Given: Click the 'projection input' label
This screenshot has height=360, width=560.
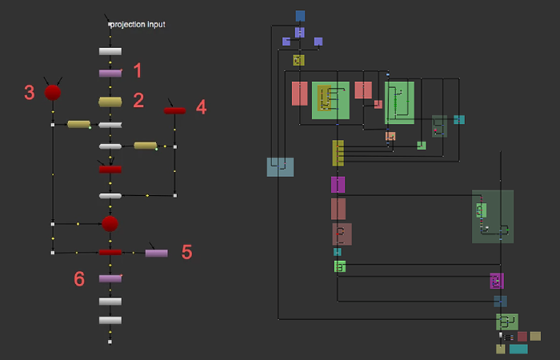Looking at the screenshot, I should [x=138, y=25].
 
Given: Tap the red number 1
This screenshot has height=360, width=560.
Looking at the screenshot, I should [x=137, y=70].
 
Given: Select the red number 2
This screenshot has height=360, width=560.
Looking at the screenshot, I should [x=138, y=100].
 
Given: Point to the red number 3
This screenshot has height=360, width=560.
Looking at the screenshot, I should [x=30, y=92].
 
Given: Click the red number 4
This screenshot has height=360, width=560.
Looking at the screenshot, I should [x=201, y=106].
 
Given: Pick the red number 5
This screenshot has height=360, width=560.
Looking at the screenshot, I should [x=186, y=251].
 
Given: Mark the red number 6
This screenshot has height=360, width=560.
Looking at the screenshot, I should [x=79, y=278].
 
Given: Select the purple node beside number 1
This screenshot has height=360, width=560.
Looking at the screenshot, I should [x=110, y=73].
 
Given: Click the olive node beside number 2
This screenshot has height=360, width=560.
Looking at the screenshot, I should [x=110, y=102].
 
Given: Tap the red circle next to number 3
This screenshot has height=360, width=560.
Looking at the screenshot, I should [x=53, y=93].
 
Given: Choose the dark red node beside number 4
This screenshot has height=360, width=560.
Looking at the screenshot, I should [x=174, y=110].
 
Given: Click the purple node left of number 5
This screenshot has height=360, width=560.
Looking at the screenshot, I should [x=157, y=253].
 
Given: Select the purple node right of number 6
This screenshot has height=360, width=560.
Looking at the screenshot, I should [x=110, y=278].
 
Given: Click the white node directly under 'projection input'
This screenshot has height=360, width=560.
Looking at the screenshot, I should [x=110, y=51].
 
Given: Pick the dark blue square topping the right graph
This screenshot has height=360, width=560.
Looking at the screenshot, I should [x=300, y=15].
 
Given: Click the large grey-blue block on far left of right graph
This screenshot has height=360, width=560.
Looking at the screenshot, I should [x=280, y=166].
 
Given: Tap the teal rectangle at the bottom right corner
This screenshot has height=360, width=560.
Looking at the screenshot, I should [x=518, y=349].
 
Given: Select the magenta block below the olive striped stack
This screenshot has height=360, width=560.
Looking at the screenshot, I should [x=338, y=185].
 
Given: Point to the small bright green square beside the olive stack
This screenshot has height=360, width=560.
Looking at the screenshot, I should [x=421, y=146].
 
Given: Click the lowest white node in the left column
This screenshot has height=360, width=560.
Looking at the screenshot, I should [x=110, y=320].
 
